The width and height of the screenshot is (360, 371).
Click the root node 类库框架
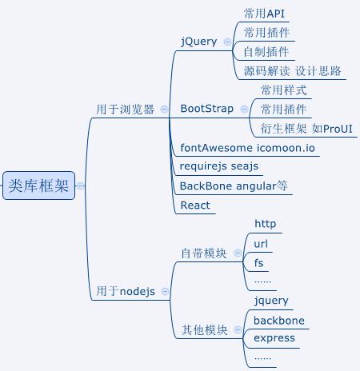38,185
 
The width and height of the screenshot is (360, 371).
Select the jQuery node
199,41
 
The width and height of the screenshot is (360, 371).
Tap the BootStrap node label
207,108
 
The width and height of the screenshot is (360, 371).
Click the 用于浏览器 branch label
125,109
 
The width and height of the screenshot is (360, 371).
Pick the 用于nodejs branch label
126,291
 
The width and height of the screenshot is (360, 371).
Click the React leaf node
195,205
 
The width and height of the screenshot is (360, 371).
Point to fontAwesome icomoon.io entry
247,148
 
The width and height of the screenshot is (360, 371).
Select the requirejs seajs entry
219,166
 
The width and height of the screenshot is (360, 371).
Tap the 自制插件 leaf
266,52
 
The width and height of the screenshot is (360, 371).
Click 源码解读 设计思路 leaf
293,71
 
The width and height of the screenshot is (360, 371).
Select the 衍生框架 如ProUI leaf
306,128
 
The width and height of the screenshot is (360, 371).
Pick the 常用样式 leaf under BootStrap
283,90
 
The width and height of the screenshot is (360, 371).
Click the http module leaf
264,224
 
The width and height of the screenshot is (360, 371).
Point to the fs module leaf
258,262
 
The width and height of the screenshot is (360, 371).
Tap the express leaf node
274,338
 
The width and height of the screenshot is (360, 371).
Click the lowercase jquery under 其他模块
270,301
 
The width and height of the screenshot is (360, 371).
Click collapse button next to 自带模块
237,253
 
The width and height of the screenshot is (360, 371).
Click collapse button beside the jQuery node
227,42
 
